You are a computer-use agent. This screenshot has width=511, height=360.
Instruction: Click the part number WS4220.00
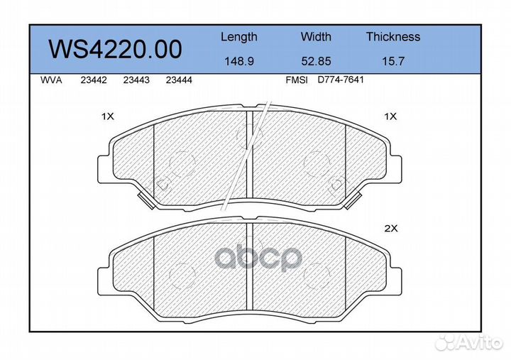click(114, 49)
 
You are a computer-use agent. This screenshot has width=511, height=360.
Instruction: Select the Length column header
click(238, 37)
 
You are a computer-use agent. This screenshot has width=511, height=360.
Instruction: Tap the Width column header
click(315, 37)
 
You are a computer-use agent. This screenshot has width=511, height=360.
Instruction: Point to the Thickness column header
click(392, 37)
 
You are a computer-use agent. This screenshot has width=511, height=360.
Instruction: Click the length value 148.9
click(238, 61)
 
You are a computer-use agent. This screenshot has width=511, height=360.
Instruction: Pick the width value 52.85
click(315, 61)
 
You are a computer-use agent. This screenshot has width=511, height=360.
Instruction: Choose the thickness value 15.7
click(392, 61)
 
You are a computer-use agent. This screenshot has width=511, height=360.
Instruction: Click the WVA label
click(52, 80)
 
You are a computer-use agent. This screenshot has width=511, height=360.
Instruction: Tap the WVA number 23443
click(136, 80)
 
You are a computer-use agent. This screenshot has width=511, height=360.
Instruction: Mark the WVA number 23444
click(178, 80)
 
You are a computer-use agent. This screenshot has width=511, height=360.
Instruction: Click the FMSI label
click(296, 80)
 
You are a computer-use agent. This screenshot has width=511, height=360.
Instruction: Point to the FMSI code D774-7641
click(341, 80)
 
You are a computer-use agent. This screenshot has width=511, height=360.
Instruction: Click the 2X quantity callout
click(391, 229)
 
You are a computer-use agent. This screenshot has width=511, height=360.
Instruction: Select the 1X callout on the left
click(108, 116)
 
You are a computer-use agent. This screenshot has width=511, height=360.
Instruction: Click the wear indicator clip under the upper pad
click(147, 201)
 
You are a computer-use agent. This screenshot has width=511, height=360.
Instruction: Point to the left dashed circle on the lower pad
click(183, 273)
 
